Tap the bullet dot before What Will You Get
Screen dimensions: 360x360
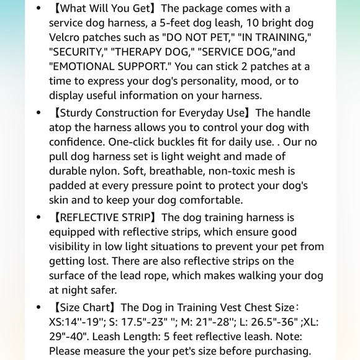tap(39, 9)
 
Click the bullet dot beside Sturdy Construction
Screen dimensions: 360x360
tap(39, 113)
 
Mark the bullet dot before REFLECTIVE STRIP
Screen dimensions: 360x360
tap(39, 218)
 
